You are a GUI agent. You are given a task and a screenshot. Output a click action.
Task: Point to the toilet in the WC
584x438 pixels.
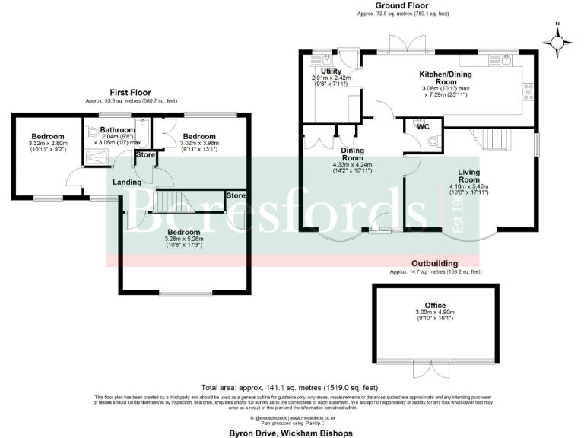pyautogui.click(x=432, y=141)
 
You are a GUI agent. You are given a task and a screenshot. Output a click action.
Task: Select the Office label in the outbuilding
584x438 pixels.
pyautogui.click(x=436, y=305)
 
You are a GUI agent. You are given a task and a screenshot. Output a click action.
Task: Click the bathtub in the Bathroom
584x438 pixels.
pyautogui.click(x=97, y=158)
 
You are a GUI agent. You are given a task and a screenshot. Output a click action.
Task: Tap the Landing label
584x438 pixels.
pyautogui.click(x=127, y=182)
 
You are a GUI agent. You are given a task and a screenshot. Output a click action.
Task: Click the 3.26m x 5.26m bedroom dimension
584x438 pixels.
pyautogui.click(x=184, y=240)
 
